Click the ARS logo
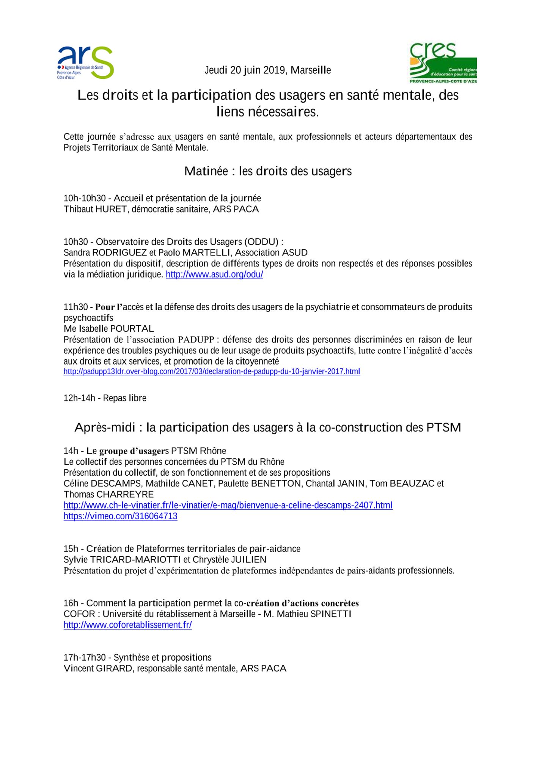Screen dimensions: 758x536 tap(85, 63)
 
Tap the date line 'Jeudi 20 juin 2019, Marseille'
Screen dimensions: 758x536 tap(267, 70)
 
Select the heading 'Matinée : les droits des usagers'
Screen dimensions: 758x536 tap(268, 171)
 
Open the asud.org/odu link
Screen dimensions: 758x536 tap(214, 274)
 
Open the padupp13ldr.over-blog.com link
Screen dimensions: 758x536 tap(212, 371)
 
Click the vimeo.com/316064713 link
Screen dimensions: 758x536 tap(120, 516)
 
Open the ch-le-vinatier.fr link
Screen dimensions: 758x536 tap(228, 505)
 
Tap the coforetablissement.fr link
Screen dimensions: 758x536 tap(127, 625)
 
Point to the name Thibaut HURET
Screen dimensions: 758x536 tap(95, 209)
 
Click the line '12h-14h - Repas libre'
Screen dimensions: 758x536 tap(105, 398)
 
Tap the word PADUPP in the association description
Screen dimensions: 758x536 tap(196, 340)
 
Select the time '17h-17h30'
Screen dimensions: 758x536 tap(85, 657)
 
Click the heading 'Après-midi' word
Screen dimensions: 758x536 tap(105, 428)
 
